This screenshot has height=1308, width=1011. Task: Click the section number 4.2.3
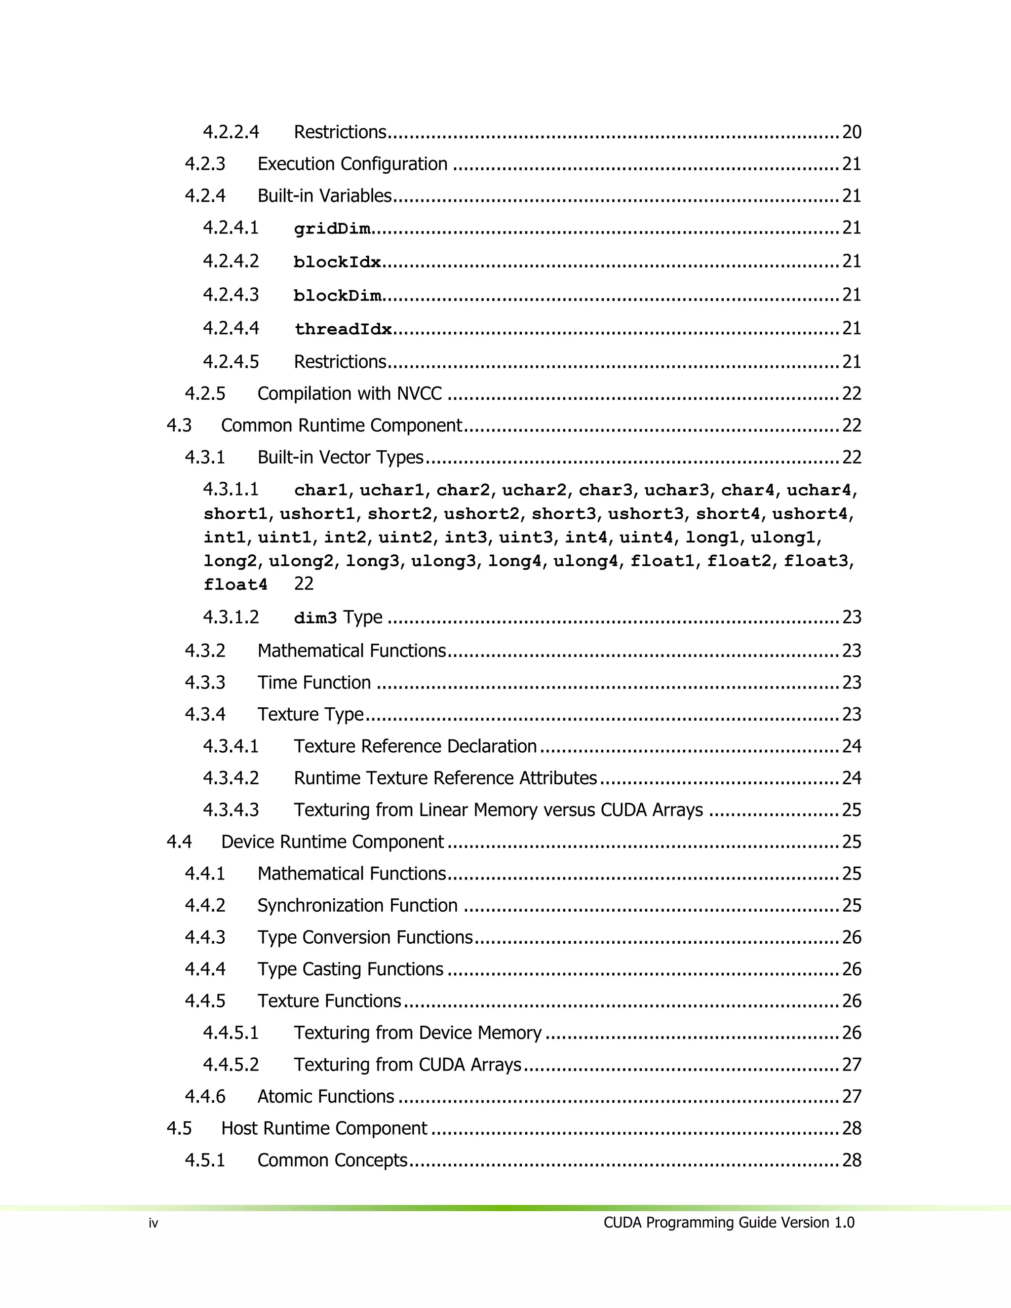(x=205, y=163)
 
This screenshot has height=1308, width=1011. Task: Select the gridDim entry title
(x=332, y=229)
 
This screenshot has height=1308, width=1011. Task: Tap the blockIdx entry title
(x=337, y=262)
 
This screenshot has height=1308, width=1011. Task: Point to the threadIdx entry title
(x=343, y=329)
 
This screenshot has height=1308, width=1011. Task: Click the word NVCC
(x=419, y=393)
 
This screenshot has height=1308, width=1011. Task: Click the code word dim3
(x=315, y=618)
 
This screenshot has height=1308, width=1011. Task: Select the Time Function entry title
(x=314, y=683)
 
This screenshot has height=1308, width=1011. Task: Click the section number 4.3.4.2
(x=231, y=778)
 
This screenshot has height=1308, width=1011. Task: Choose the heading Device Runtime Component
(x=332, y=842)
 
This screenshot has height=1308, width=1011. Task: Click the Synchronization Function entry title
(x=357, y=906)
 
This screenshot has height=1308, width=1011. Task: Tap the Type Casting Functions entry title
(x=350, y=969)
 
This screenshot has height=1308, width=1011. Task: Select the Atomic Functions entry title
(x=326, y=1097)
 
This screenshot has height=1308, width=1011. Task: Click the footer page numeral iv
(x=154, y=1224)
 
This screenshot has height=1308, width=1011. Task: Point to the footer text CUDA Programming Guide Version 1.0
(x=729, y=1222)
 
